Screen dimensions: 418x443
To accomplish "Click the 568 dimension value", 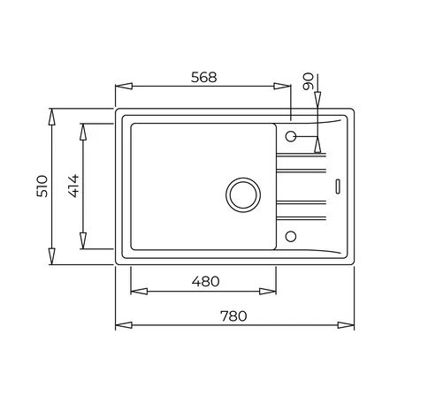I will [203, 77].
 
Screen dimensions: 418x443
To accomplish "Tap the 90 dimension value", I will [308, 83].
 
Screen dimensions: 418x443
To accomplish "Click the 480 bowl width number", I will [204, 282].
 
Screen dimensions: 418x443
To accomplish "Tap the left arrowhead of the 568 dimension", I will [122, 86].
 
